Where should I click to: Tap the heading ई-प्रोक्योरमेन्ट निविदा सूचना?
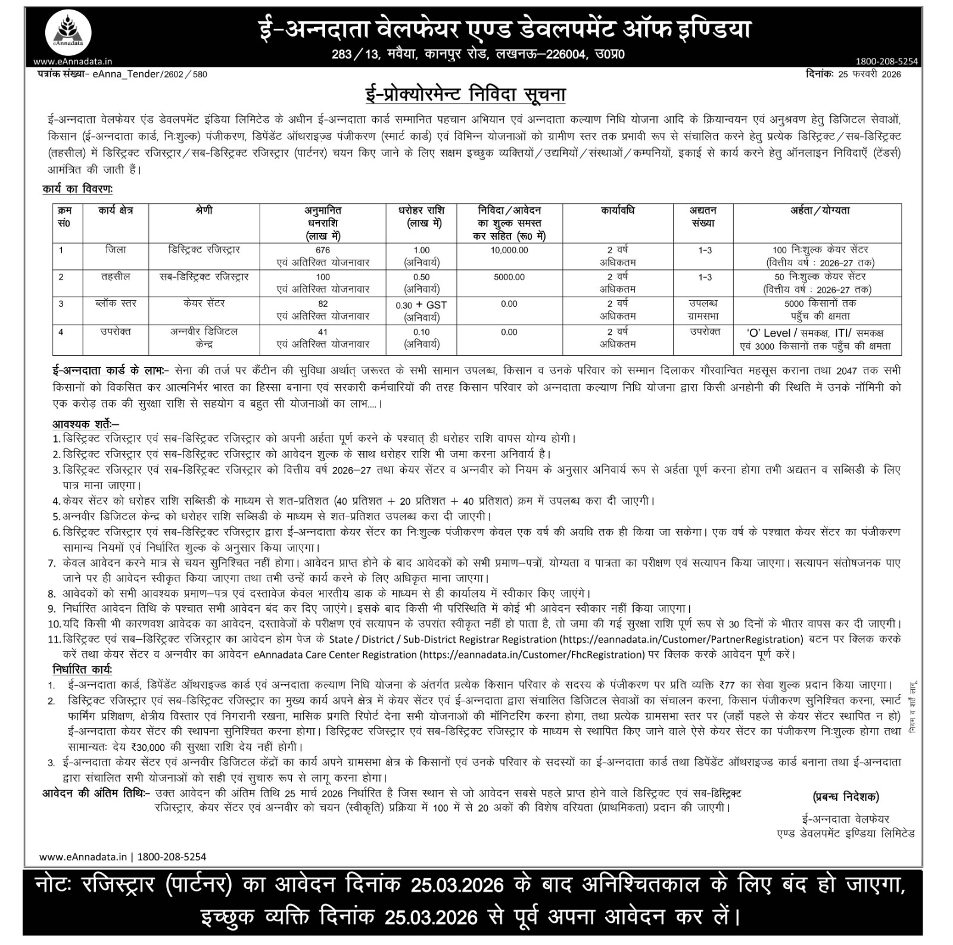coord(465,95)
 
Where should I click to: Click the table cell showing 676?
coord(323,250)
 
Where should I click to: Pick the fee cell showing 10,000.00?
coord(509,250)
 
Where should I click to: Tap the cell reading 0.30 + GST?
coord(421,305)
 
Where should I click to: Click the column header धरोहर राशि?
coord(421,211)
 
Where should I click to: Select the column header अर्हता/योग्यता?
coord(820,211)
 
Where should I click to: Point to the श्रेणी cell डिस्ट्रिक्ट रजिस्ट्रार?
coord(204,250)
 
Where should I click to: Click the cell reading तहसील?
coord(116,277)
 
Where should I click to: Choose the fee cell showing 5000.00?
coord(509,277)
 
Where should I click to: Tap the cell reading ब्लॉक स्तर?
coord(116,304)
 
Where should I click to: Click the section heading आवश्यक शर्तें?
coord(85,424)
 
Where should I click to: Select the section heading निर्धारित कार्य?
coord(82,669)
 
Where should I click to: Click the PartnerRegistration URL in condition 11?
coord(681,639)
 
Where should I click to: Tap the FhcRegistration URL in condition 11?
coord(532,654)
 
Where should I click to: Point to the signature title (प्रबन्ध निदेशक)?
coord(845,797)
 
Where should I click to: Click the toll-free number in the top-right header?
coord(887,61)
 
